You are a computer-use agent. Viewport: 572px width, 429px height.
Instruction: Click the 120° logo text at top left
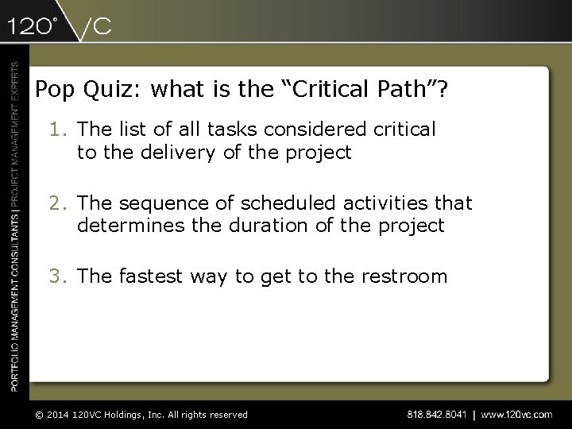pyautogui.click(x=33, y=25)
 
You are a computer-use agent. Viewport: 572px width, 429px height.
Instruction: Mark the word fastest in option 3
pyautogui.click(x=152, y=276)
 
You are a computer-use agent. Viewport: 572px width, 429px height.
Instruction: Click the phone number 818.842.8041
pyautogui.click(x=436, y=414)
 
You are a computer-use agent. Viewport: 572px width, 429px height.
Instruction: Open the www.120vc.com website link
pyautogui.click(x=516, y=414)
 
